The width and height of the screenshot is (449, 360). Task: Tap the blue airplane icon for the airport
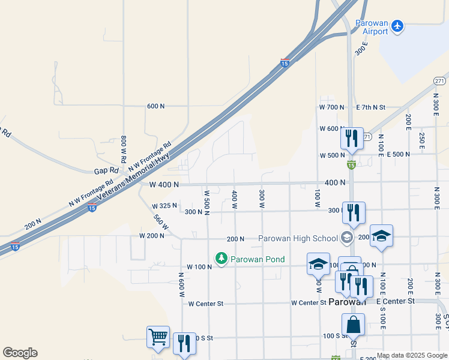pos(397,26)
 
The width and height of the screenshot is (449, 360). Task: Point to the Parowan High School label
pos(298,238)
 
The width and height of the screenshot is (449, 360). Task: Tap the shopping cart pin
pos(158,337)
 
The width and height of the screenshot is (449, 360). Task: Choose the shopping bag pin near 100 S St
pos(354,325)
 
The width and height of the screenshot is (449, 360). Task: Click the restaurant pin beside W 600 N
pos(351,138)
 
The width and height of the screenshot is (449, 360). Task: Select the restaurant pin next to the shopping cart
pos(184,343)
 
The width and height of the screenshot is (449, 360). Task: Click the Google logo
pos(20,353)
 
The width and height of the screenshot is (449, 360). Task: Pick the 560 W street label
pos(160,222)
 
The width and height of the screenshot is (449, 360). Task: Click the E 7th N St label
pos(370,107)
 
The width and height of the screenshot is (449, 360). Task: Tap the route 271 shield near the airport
pos(439,80)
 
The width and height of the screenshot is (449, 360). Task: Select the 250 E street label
pos(422,142)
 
